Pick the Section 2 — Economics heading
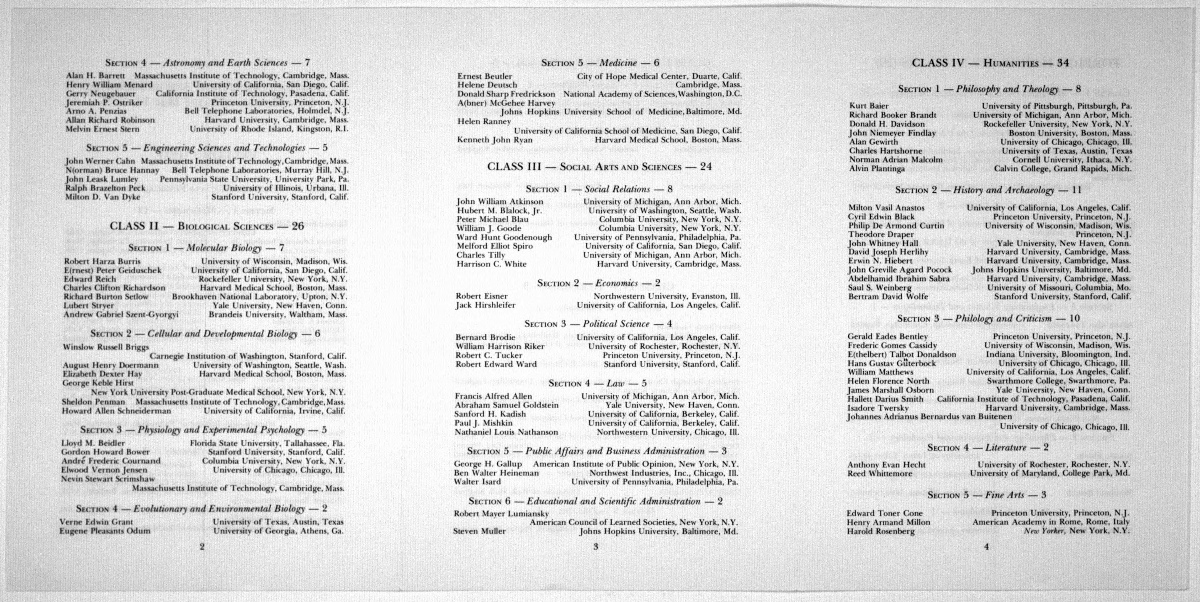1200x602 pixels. click(599, 283)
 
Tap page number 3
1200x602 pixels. click(595, 547)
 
